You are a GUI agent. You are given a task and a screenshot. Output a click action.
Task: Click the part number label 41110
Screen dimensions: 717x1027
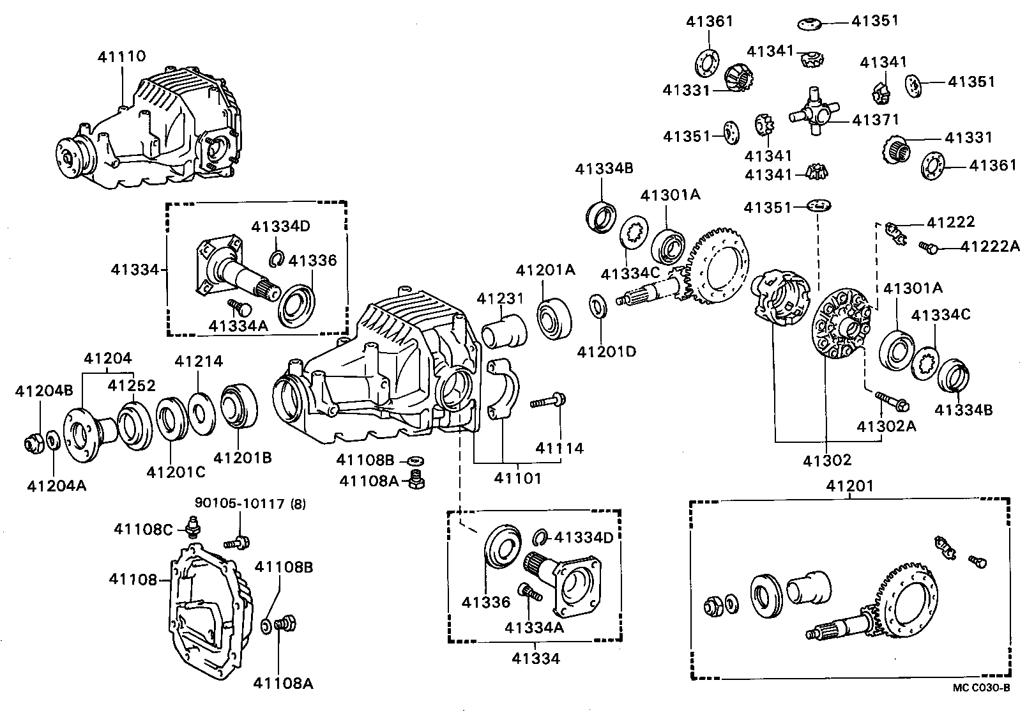tap(121, 56)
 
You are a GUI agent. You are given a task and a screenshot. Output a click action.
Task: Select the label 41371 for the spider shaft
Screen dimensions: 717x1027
tap(875, 119)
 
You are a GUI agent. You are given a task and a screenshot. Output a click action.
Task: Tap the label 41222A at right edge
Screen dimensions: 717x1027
tap(990, 246)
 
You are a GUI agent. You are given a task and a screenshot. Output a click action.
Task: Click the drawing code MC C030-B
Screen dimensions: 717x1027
tap(981, 688)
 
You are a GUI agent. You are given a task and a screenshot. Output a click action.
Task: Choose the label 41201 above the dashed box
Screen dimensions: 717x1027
tap(849, 486)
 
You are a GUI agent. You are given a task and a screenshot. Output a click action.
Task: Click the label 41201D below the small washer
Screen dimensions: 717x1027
tap(606, 351)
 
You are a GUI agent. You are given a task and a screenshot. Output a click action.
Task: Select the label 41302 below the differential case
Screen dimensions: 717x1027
tap(827, 459)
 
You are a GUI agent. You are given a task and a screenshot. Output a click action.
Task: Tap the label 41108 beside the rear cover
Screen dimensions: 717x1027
tap(132, 579)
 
